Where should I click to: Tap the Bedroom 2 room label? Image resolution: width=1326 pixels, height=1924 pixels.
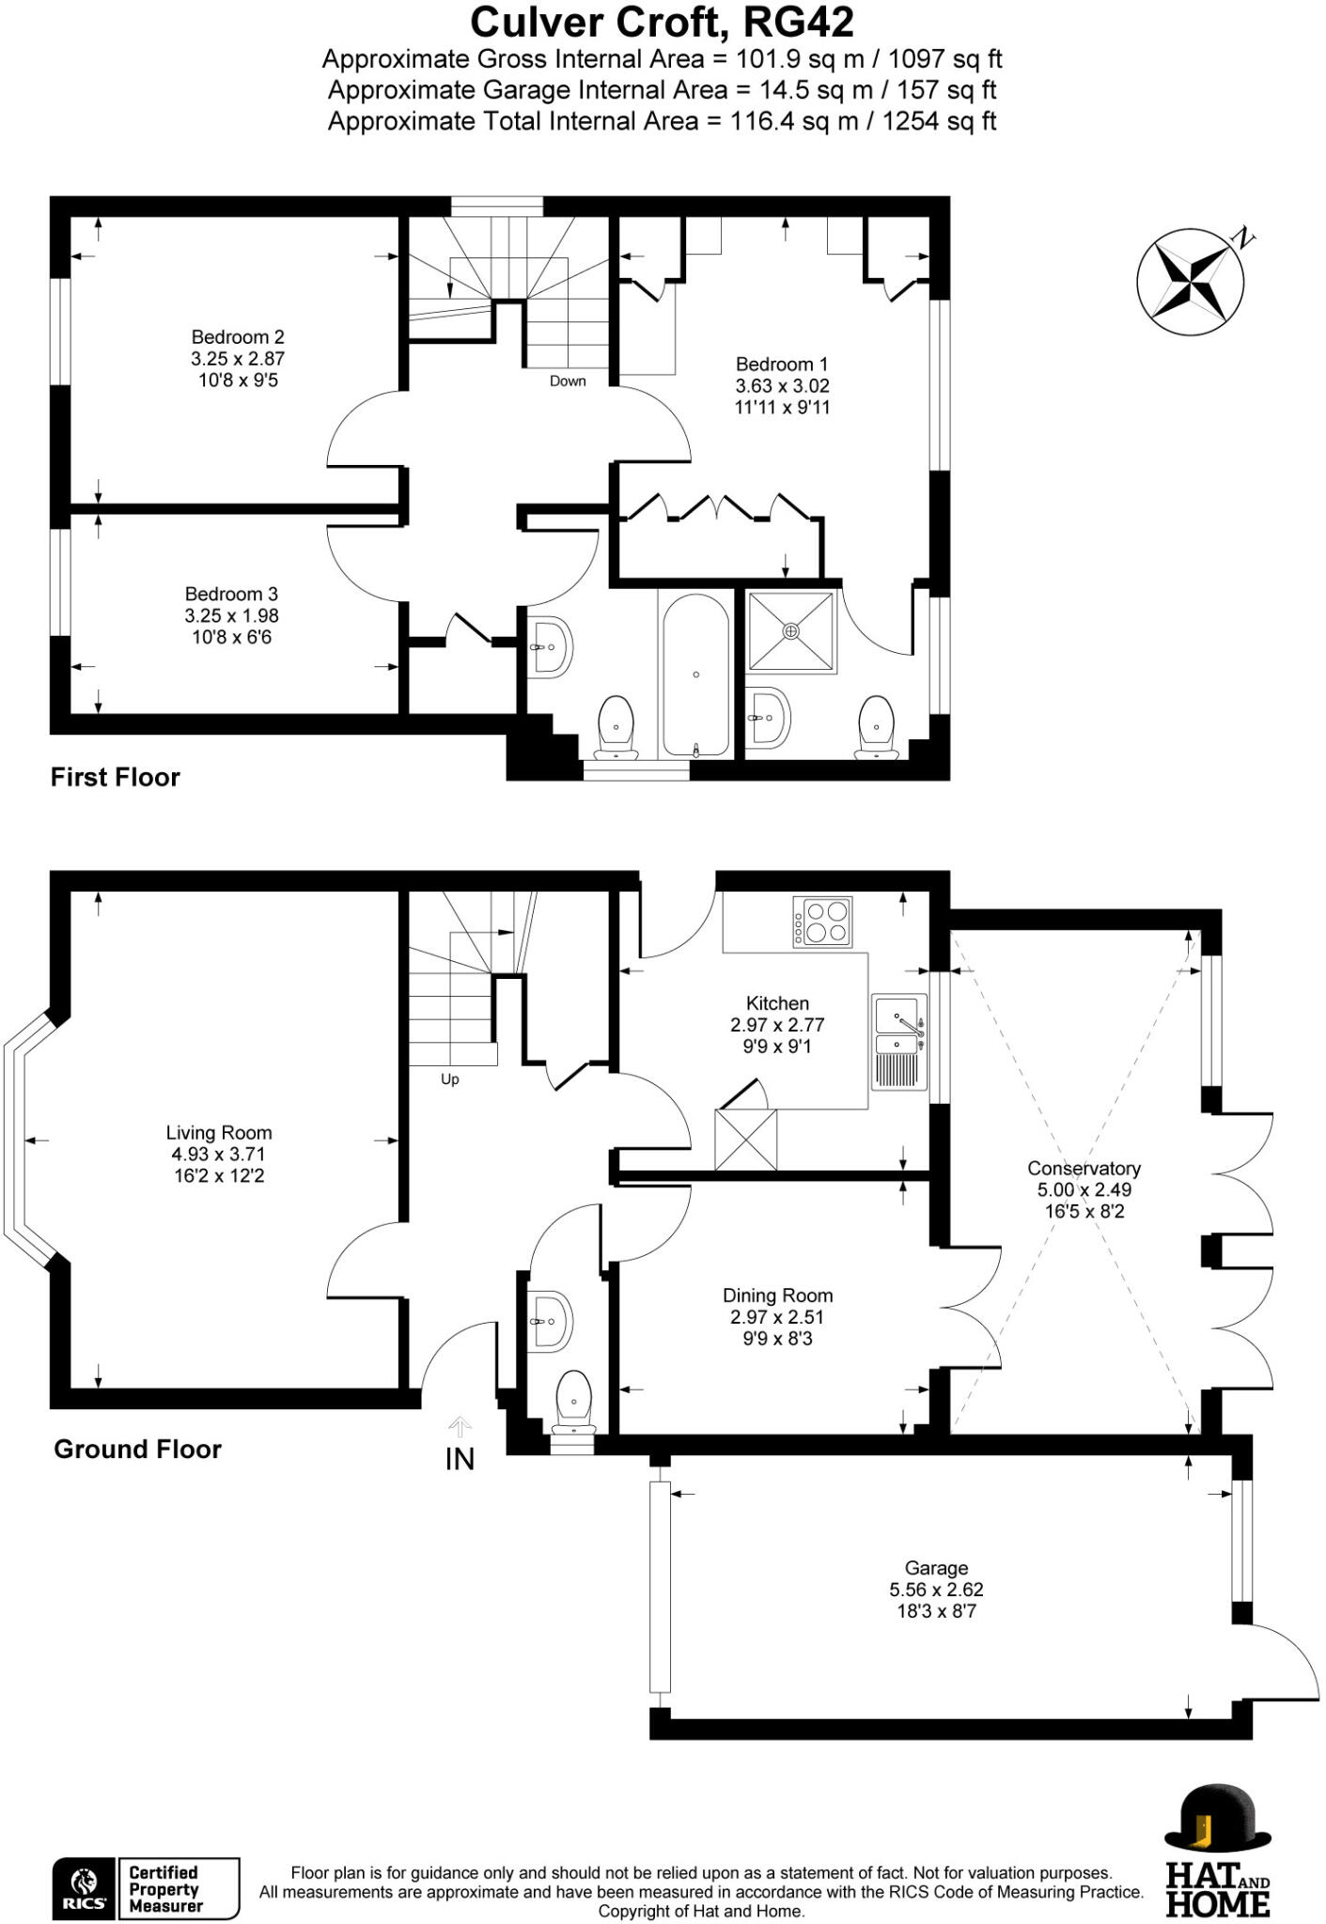pos(238,337)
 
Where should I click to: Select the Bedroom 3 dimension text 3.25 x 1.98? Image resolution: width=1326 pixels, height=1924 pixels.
pos(231,616)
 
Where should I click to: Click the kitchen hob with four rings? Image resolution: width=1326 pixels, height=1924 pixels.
pos(822,922)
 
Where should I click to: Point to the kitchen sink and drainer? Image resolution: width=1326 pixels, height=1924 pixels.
pos(899,1042)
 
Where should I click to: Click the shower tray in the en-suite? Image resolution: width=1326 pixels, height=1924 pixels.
pos(791,632)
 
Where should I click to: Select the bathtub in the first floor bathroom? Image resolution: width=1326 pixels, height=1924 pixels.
pos(695,675)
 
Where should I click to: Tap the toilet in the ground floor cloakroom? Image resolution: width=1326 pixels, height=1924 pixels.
pos(573,1401)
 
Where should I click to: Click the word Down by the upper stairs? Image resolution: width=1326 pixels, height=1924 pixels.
pos(568,381)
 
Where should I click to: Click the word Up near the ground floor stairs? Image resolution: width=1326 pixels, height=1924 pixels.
pos(450,1079)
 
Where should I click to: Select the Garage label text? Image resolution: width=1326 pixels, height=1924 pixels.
pos(936,1568)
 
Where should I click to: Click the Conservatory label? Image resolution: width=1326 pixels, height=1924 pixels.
pos(1084,1169)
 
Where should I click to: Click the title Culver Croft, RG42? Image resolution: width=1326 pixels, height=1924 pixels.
pos(662,22)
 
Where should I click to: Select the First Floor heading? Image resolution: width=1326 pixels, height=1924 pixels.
pos(115,778)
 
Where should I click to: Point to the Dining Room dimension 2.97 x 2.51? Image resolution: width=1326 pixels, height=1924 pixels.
pos(776,1317)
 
